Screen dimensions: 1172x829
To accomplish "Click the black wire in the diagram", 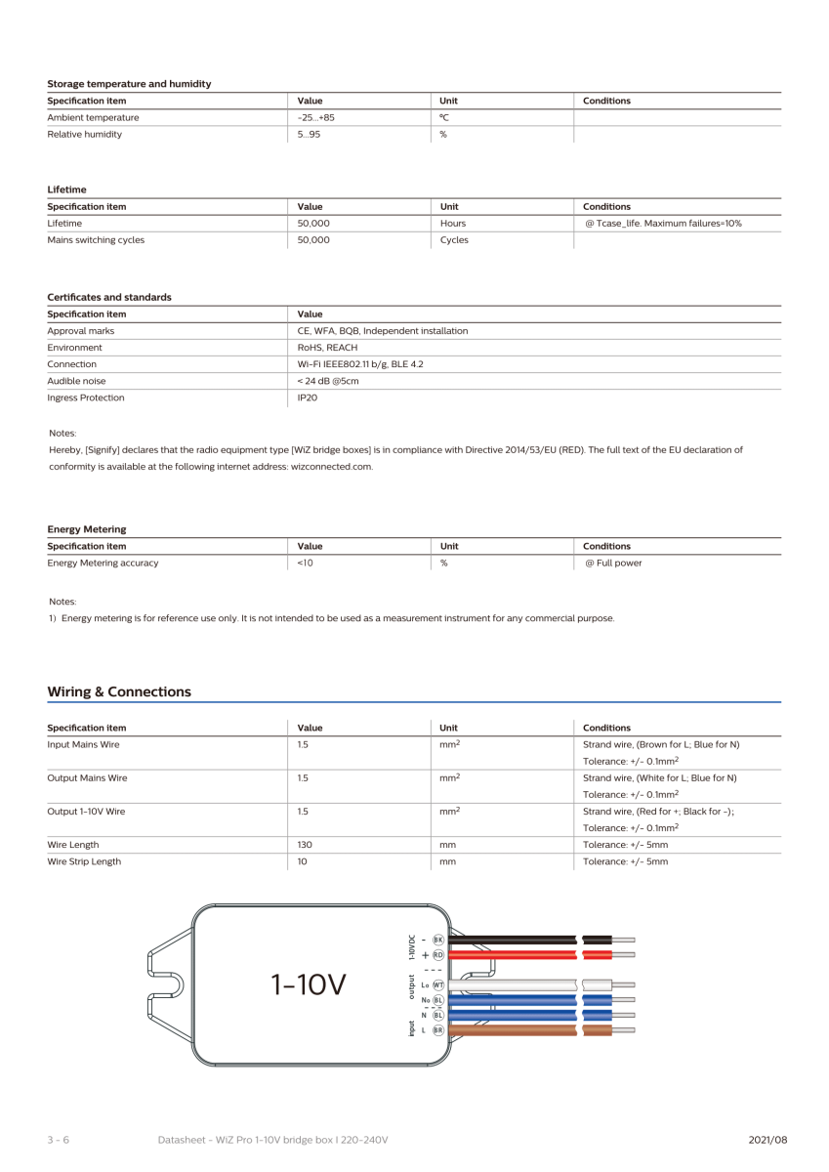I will pyautogui.click(x=513, y=940).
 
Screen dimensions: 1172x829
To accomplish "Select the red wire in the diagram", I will pyautogui.click(x=513, y=954).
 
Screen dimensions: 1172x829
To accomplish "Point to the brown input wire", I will pyautogui.click(x=513, y=1030).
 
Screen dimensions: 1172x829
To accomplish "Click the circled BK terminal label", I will pyautogui.click(x=438, y=940).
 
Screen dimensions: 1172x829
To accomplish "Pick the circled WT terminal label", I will pyautogui.click(x=438, y=986).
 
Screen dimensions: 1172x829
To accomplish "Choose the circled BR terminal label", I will pyautogui.click(x=438, y=1030).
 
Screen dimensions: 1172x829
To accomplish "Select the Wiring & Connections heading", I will pyautogui.click(x=119, y=691).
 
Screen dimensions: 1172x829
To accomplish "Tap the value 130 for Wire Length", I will pyautogui.click(x=305, y=845).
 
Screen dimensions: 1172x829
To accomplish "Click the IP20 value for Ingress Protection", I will pyautogui.click(x=307, y=398).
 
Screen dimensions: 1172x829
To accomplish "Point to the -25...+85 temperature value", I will pyautogui.click(x=316, y=117).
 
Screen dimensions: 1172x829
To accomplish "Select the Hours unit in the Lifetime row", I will pyautogui.click(x=453, y=223).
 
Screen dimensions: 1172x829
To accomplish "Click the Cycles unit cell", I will pyautogui.click(x=454, y=239).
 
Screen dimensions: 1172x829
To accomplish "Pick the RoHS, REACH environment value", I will pyautogui.click(x=328, y=347).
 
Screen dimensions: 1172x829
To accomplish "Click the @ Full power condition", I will pyautogui.click(x=612, y=563).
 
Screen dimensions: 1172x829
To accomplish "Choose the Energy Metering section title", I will pyautogui.click(x=87, y=528).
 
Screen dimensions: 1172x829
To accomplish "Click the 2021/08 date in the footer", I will pyautogui.click(x=767, y=1140).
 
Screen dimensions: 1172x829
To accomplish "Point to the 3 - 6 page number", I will pyautogui.click(x=58, y=1140).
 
